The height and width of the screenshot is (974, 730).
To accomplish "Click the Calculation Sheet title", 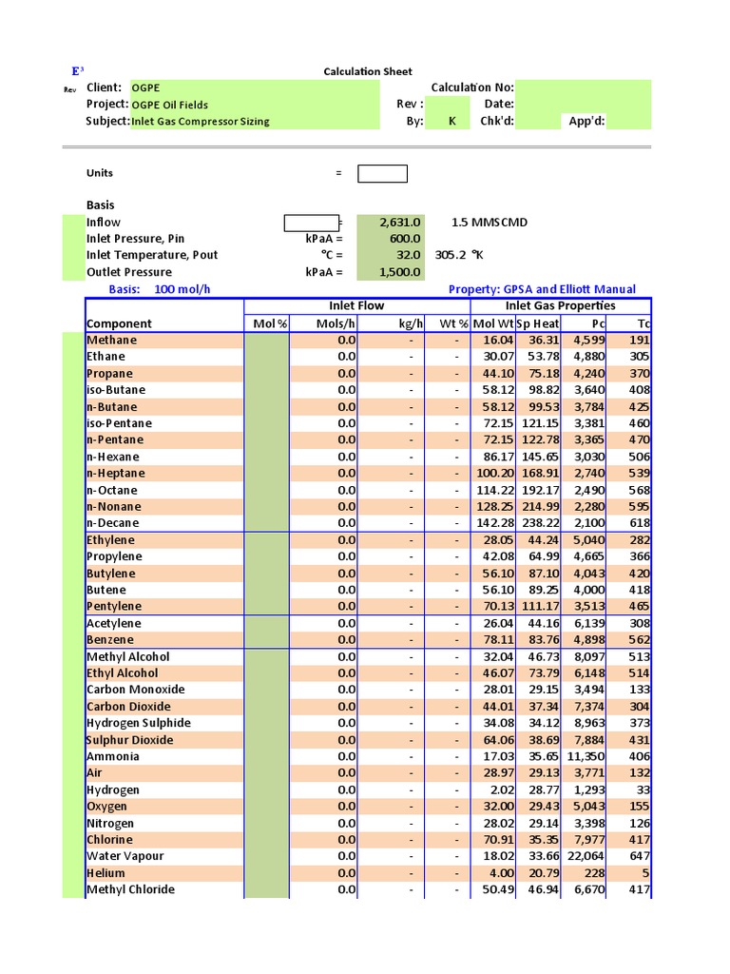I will (x=368, y=71).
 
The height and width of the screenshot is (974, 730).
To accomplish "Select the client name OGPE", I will (x=145, y=88).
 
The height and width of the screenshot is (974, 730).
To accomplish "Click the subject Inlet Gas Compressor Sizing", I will (x=200, y=122).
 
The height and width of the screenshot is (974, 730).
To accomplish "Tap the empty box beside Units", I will (x=382, y=173).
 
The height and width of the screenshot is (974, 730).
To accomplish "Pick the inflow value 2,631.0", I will (x=399, y=223).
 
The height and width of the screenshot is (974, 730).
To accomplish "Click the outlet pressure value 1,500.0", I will (x=399, y=272).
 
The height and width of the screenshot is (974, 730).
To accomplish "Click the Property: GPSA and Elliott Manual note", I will (x=541, y=289).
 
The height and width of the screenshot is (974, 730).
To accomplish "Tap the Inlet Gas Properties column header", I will (x=560, y=306).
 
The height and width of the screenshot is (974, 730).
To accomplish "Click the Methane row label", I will (x=111, y=341).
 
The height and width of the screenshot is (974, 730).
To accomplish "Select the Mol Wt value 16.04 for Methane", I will (x=497, y=341).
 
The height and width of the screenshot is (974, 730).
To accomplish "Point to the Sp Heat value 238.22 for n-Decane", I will (x=540, y=523).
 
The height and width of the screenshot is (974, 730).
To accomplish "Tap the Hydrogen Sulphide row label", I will (x=138, y=723).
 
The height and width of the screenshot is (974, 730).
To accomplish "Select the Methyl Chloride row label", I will (x=130, y=889).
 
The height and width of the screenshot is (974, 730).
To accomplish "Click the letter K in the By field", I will (x=452, y=122).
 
